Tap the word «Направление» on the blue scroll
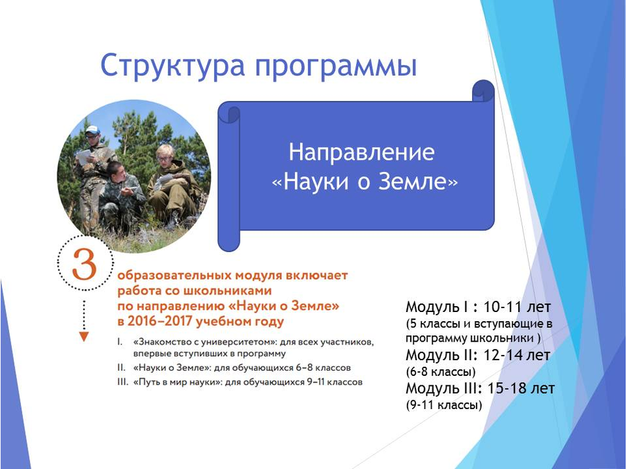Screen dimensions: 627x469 pos(361,152)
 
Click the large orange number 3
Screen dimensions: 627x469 pos(84,265)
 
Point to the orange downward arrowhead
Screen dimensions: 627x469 pos(84,336)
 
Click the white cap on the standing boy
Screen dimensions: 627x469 pos(92,130)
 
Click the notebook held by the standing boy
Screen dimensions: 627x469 pos(84,156)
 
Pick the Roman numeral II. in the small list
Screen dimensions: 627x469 pos(121,367)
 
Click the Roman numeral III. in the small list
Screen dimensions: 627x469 pos(123,382)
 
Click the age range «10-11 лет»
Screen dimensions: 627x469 pos(517,307)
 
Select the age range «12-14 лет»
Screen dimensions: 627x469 pos(517,356)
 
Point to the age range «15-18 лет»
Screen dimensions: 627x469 pos(521,388)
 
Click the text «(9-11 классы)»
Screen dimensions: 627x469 pos(444,405)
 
